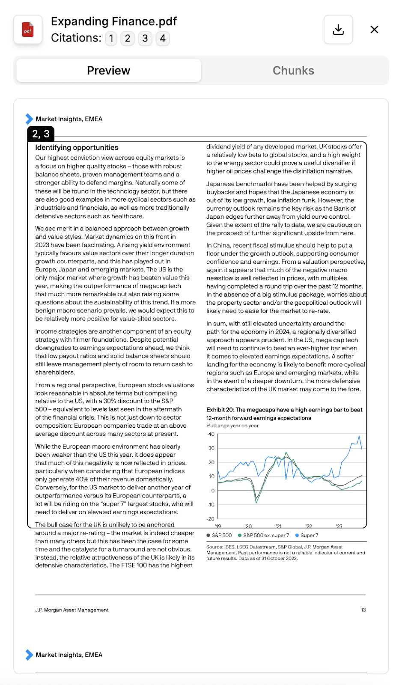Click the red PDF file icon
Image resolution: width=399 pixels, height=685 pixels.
(28, 30)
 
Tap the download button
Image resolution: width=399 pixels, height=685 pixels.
(338, 30)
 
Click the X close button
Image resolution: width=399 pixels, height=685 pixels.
(374, 30)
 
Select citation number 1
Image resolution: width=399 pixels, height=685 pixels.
(111, 39)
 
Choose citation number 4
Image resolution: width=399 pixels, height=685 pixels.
(163, 39)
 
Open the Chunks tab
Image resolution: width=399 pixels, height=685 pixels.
(293, 71)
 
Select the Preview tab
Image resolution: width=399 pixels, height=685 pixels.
(109, 71)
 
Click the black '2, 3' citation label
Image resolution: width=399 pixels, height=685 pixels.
(41, 134)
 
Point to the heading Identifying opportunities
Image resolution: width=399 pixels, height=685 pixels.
(77, 148)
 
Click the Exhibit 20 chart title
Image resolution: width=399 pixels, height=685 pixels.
(284, 410)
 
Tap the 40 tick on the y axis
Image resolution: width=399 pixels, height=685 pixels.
(211, 434)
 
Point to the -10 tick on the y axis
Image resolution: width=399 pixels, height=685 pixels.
(211, 505)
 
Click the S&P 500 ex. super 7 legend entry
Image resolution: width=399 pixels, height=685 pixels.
(266, 536)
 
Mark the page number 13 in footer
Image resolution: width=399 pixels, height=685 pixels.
(363, 610)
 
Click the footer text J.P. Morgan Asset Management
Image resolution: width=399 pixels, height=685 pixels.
(72, 610)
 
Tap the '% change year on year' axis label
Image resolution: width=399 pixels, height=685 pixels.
(232, 426)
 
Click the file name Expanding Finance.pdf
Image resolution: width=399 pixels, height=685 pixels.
(114, 21)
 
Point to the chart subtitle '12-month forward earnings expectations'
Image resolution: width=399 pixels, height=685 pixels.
(259, 418)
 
